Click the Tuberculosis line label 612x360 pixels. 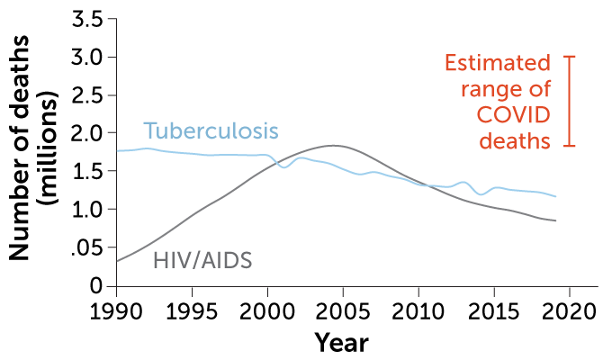211,130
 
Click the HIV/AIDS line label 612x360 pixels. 202,261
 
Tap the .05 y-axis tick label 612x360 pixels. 86,247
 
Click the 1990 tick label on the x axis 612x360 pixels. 116,310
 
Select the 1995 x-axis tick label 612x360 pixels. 192,310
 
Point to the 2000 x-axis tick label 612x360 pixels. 267,310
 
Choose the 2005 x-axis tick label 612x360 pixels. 343,310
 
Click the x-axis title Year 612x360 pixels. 342,343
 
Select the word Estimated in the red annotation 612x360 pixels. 497,64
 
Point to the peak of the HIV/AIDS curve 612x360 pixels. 332,145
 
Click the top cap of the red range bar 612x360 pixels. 569,57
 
